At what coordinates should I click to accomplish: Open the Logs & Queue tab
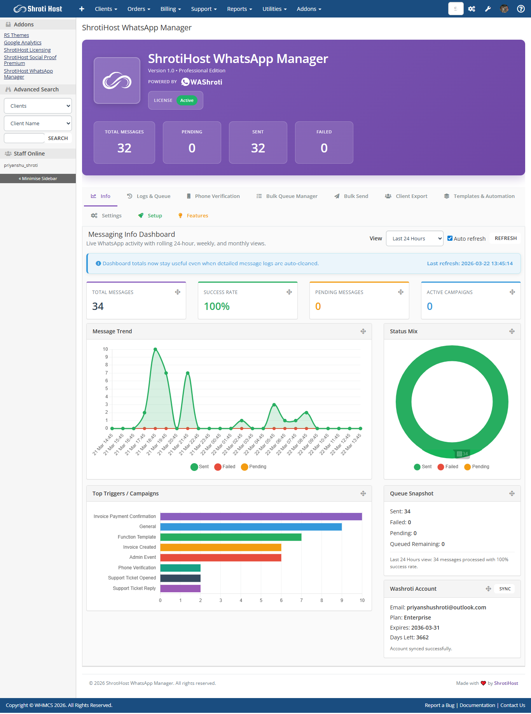149,196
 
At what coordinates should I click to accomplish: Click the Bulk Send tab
351,196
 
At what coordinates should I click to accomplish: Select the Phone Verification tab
213,196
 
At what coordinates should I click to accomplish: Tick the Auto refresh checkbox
450,238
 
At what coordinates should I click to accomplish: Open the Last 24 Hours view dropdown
414,238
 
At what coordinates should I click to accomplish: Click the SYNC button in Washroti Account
505,589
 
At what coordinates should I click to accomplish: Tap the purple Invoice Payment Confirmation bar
261,516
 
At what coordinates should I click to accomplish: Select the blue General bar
251,527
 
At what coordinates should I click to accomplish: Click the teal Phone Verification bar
180,568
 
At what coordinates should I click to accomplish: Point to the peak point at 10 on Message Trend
155,349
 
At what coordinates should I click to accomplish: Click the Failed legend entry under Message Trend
225,467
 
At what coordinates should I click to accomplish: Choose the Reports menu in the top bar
239,9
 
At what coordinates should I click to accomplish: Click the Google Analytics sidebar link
23,43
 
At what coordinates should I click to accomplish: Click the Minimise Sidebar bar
38,178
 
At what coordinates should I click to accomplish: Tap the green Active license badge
187,100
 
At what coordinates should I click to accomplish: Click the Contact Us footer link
512,705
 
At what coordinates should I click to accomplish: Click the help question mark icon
521,9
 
